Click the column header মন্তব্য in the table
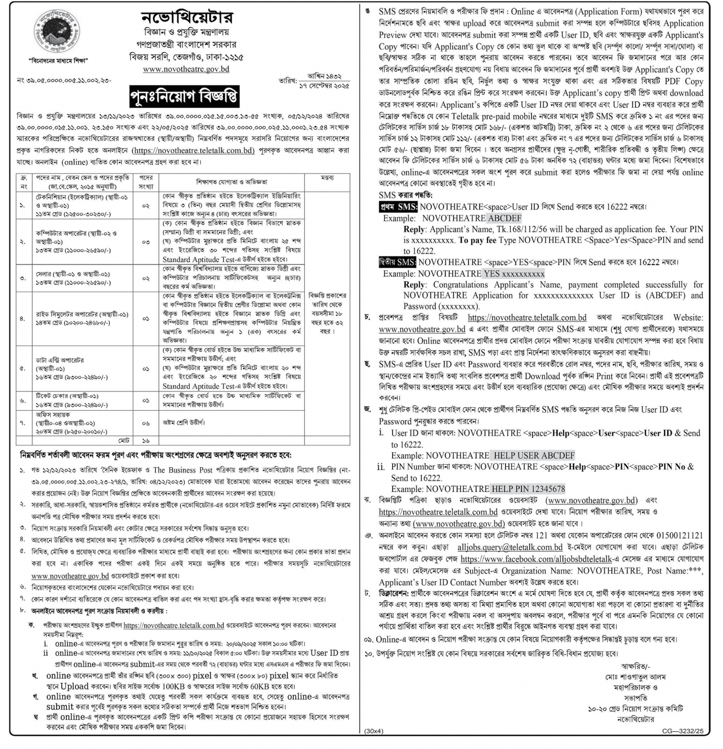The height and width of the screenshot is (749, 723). (x=327, y=178)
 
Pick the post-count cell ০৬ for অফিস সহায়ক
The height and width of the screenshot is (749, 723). (x=146, y=423)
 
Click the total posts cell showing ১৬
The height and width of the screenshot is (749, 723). (x=146, y=441)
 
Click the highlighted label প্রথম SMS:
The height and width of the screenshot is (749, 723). (x=398, y=207)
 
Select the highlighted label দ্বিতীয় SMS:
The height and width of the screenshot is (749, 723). (x=397, y=262)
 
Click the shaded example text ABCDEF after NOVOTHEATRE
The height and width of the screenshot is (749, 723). (x=504, y=218)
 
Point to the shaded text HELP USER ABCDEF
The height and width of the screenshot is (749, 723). (x=534, y=455)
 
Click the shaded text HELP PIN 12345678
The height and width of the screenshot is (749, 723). (x=529, y=489)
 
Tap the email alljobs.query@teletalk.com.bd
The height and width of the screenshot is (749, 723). (x=502, y=547)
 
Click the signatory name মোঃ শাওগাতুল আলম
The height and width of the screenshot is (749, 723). (x=636, y=676)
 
